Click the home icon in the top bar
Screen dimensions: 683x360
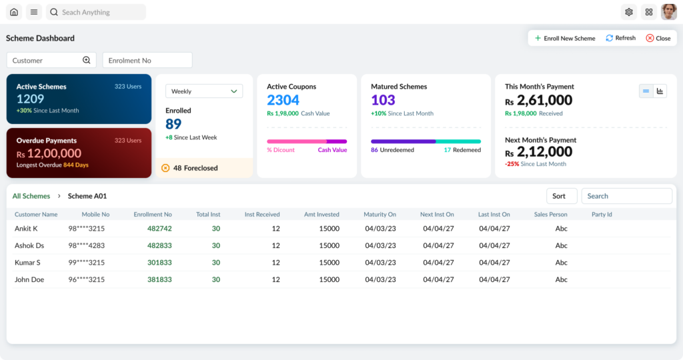pos(14,12)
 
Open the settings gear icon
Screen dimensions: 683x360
pos(628,12)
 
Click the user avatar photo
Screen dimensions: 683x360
pos(668,12)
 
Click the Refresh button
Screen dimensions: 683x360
pos(621,38)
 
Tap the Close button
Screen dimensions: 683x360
pos(658,38)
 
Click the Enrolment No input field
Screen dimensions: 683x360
pos(147,60)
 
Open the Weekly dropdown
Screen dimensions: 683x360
pos(204,91)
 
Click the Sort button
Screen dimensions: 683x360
pos(562,196)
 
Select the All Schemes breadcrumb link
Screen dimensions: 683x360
pos(31,196)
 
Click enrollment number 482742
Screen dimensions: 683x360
pos(159,229)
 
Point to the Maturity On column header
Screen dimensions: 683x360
pos(380,214)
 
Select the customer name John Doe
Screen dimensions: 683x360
pos(29,279)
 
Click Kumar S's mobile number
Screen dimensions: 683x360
pos(86,263)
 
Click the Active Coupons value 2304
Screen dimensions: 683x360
pos(283,100)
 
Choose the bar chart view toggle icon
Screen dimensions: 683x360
pos(660,91)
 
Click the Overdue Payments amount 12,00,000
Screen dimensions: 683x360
pos(54,153)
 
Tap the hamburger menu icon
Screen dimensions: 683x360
pos(33,12)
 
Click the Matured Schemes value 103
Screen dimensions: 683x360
pos(383,100)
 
